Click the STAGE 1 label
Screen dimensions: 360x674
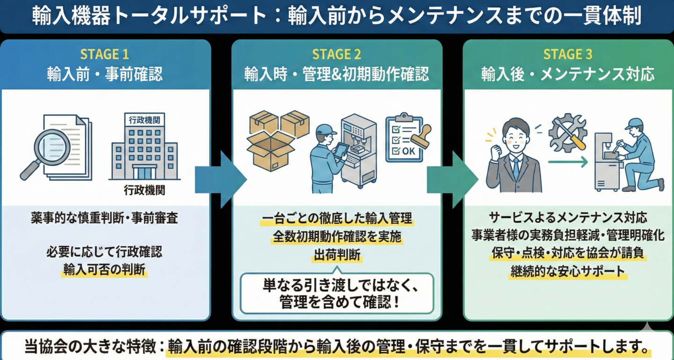104,54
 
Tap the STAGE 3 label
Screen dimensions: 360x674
567,54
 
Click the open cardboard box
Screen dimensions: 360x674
270,150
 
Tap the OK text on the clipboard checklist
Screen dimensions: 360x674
408,151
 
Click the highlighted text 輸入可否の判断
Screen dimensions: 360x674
104,271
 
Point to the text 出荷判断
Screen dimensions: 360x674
337,255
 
